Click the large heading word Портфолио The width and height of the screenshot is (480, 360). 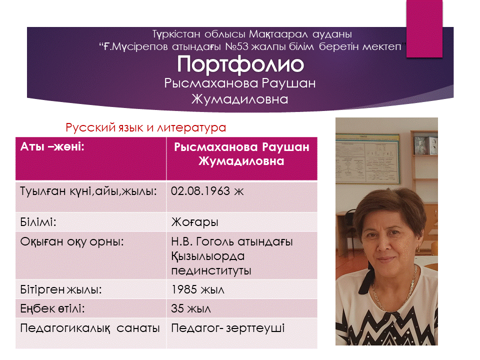point(240,64)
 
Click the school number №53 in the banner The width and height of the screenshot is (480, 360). point(236,46)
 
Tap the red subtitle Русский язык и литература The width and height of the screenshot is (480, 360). point(145,127)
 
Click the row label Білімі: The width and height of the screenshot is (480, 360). point(38,221)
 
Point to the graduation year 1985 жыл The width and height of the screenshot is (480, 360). point(198,289)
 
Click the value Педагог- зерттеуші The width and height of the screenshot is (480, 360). point(228,328)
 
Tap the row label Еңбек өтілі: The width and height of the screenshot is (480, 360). point(52,308)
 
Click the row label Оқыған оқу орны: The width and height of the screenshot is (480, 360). point(72,242)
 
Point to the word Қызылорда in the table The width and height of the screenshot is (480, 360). point(208,256)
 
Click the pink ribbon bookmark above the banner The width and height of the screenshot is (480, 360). point(424,28)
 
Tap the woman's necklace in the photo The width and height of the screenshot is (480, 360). point(395,291)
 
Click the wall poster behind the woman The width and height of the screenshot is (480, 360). point(367,159)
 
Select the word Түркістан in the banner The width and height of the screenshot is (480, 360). point(176,34)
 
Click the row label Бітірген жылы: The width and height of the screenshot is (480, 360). point(61,289)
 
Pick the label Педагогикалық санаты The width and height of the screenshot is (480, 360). point(90,328)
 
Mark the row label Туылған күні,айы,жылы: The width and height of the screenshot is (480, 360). point(88,191)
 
